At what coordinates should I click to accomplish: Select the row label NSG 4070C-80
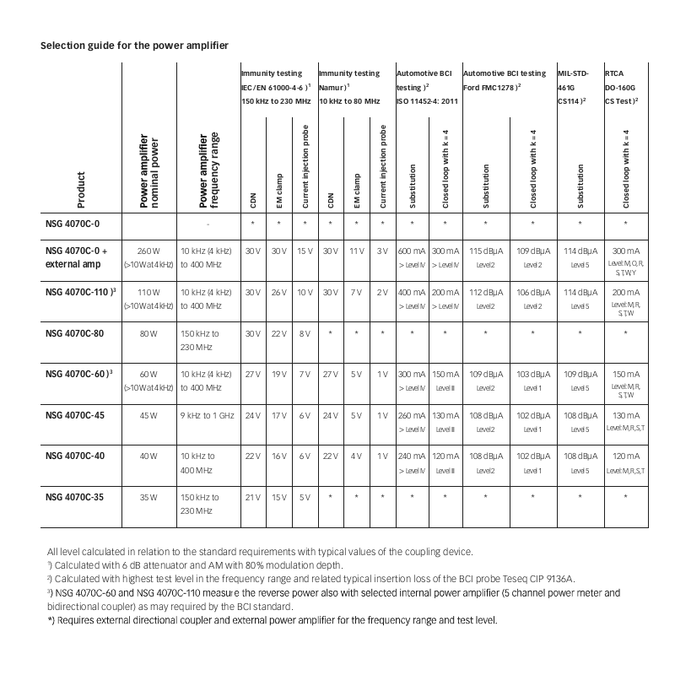point(74,332)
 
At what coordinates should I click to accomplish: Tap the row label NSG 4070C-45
point(74,415)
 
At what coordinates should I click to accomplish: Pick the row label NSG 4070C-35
point(74,498)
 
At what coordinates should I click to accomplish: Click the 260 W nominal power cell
point(148,251)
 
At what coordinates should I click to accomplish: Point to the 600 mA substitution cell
point(412,251)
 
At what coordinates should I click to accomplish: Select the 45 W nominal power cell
point(148,415)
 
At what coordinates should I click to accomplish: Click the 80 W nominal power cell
point(148,332)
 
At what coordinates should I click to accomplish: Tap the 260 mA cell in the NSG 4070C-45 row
point(412,415)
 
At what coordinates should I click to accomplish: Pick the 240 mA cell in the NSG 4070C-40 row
point(412,456)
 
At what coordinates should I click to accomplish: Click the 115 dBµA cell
point(485,251)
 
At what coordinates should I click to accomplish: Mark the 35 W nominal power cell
point(148,498)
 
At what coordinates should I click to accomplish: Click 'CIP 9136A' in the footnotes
point(551,578)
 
